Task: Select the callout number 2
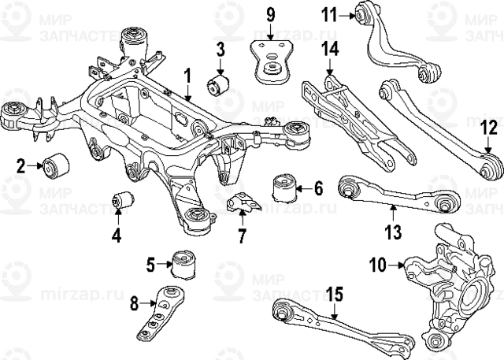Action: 21,165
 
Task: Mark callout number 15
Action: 335,295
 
